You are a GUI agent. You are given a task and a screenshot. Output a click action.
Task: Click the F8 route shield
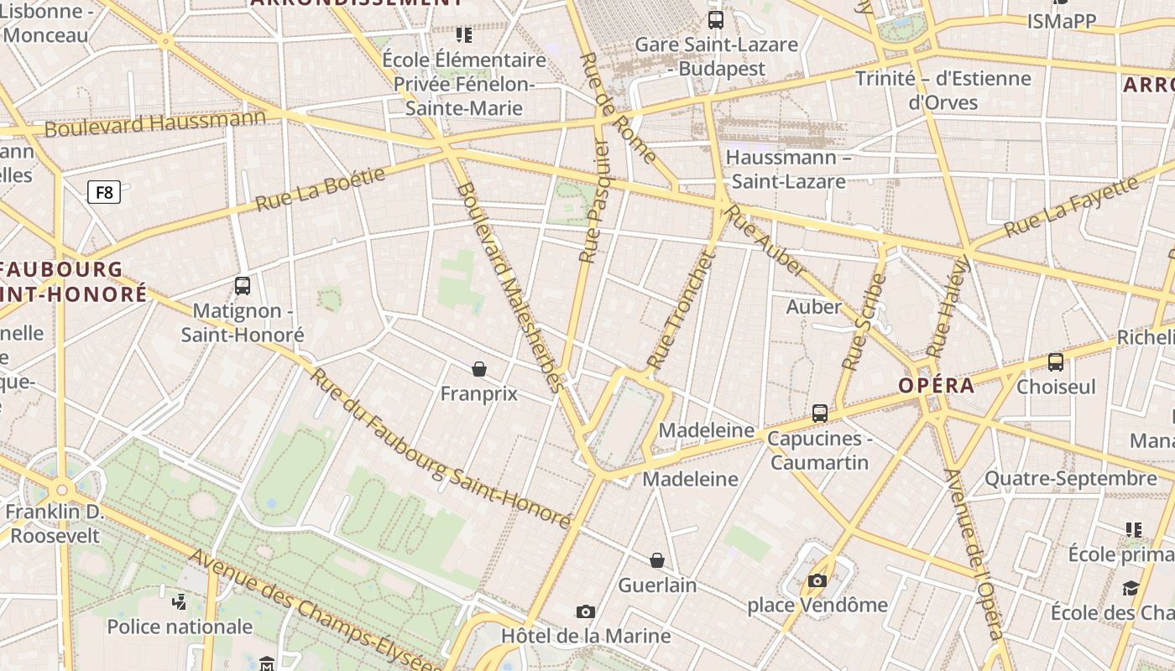pos(104,193)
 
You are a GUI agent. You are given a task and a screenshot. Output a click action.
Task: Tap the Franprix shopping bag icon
pos(479,369)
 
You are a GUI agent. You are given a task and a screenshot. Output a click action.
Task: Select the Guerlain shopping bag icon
pos(657,560)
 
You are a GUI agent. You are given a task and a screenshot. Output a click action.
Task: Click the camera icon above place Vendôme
pos(817,580)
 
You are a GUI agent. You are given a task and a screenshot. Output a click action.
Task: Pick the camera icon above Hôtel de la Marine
pos(586,612)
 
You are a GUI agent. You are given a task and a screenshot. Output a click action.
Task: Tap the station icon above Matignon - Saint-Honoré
pos(243,286)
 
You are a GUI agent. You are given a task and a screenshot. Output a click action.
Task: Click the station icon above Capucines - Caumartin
pos(820,414)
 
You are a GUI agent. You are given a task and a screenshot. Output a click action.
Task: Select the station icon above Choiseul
pos(1056,362)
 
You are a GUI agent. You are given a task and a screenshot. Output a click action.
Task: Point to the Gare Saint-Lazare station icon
pos(716,20)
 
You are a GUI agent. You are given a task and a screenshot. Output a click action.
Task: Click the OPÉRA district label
pos(937,386)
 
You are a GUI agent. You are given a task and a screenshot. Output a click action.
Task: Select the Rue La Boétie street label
pos(320,189)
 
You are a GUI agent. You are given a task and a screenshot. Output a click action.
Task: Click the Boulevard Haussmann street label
pos(154,123)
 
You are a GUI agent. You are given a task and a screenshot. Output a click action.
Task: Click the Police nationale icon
pos(179,601)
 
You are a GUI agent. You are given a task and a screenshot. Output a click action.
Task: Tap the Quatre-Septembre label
pos(1070,479)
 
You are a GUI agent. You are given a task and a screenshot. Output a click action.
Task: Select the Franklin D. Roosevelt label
pos(55,523)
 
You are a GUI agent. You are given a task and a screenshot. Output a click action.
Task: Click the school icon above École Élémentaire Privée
pos(464,35)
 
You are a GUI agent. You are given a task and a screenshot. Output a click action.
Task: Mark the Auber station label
pos(813,307)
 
